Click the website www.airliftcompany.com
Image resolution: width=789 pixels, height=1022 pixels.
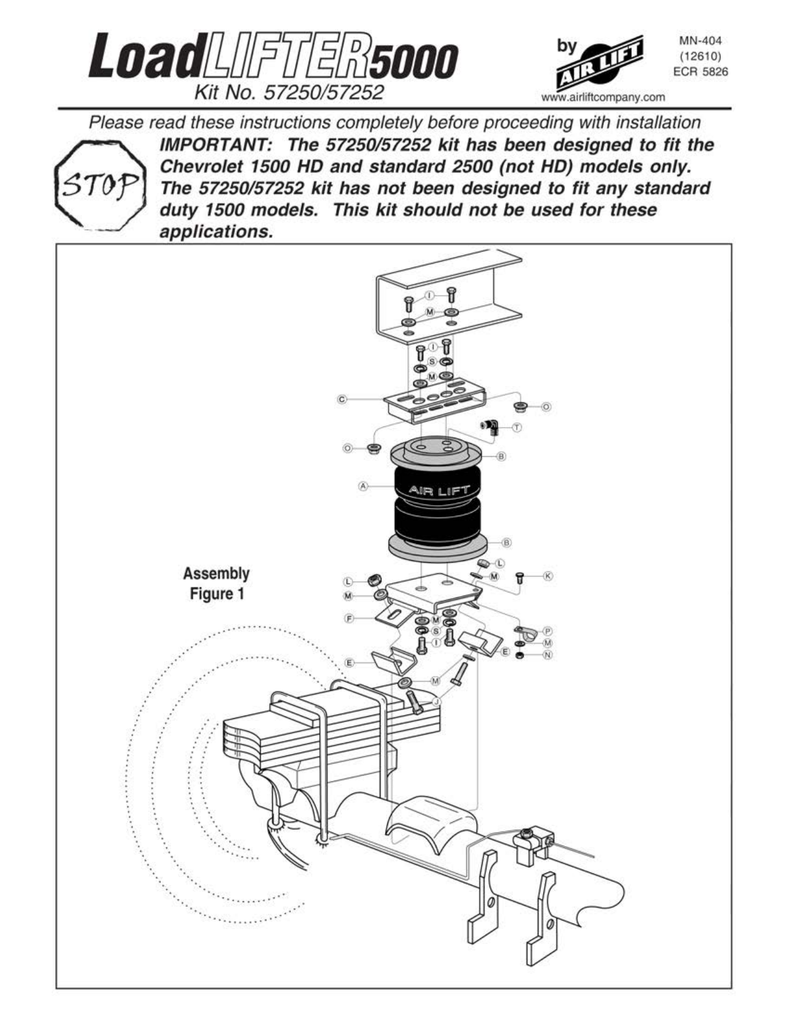click(603, 97)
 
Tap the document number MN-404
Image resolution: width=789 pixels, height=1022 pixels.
click(701, 41)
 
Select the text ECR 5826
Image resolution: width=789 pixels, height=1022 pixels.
click(701, 72)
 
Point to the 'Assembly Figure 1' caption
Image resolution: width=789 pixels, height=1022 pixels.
click(217, 583)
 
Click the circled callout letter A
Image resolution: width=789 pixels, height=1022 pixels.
click(363, 486)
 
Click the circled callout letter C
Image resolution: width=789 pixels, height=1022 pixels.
click(342, 399)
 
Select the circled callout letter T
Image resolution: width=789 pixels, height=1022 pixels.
click(517, 427)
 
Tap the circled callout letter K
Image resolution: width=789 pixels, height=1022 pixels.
click(548, 576)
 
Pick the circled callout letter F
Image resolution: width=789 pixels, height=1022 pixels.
click(349, 618)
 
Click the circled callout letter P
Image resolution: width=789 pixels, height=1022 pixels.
click(548, 631)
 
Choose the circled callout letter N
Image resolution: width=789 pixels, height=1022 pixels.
click(548, 655)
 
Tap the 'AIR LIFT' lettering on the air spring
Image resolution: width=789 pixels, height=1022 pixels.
click(439, 491)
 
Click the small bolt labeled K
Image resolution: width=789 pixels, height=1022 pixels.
click(520, 577)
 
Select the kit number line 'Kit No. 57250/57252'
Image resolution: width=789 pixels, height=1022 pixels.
click(289, 93)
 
